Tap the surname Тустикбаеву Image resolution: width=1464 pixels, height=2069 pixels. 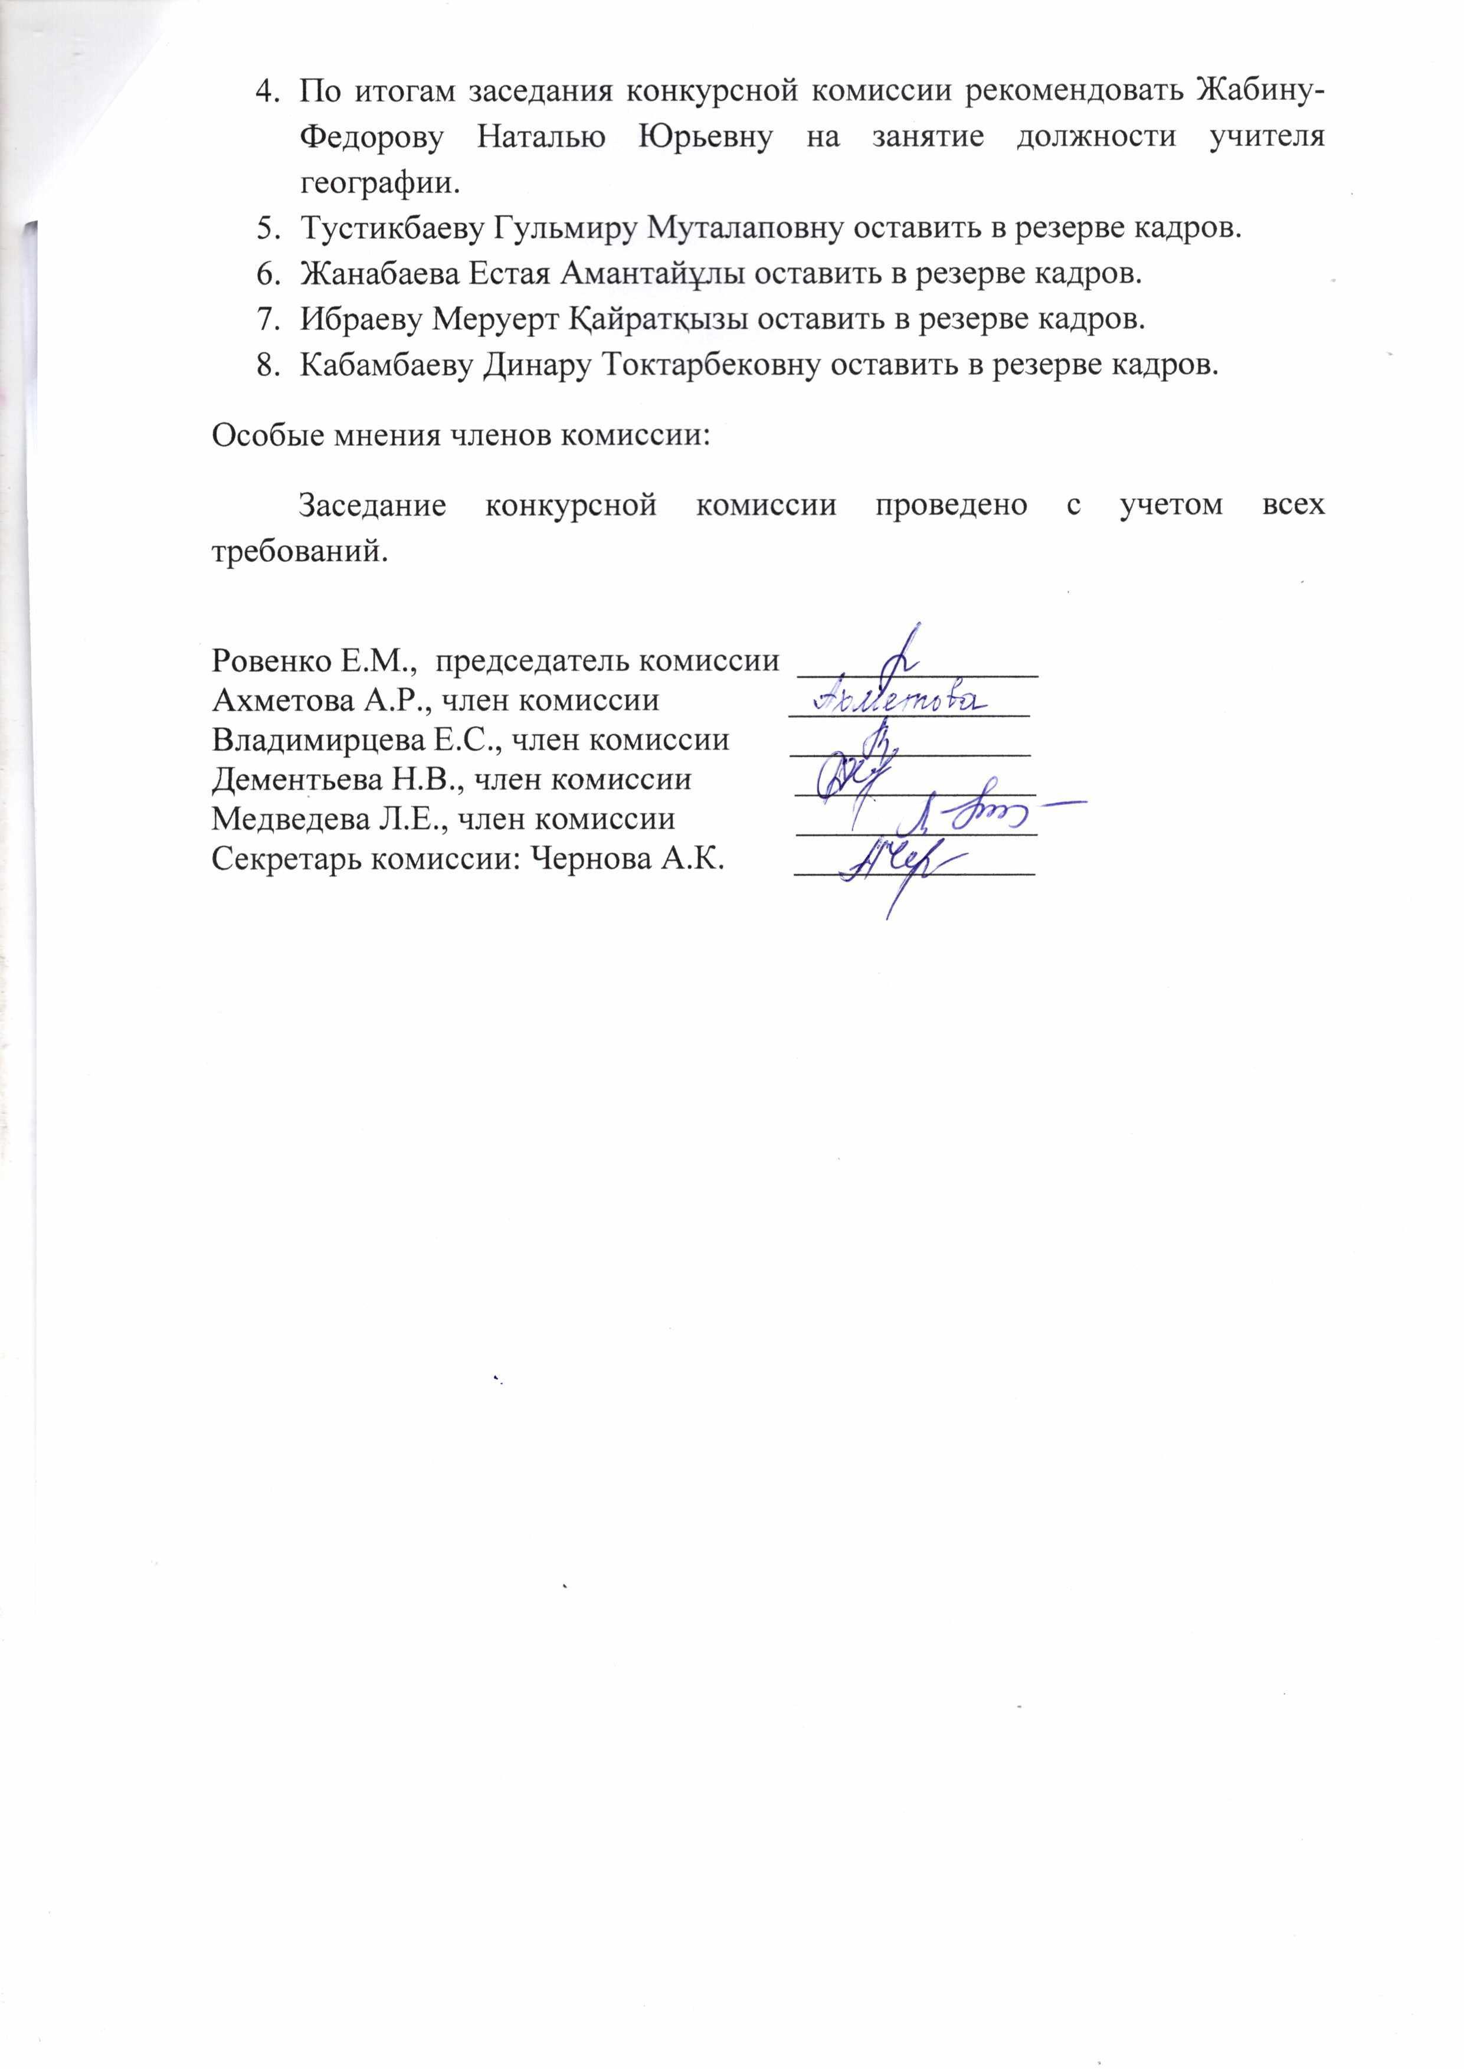pos(392,229)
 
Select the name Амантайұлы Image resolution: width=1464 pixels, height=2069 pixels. pos(652,274)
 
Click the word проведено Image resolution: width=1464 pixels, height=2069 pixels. pos(950,505)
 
